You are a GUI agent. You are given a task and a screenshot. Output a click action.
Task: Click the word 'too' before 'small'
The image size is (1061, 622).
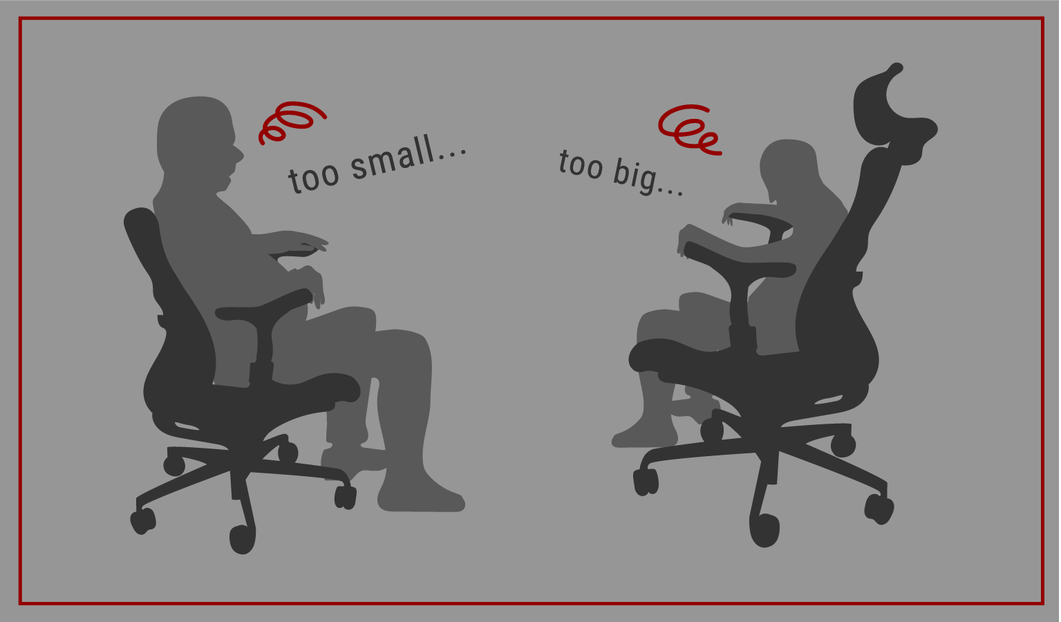pyautogui.click(x=314, y=178)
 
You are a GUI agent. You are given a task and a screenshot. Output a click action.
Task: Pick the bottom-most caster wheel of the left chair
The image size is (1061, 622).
pyautogui.click(x=243, y=539)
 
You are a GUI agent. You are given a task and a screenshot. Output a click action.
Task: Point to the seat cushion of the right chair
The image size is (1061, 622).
pyautogui.click(x=739, y=365)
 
